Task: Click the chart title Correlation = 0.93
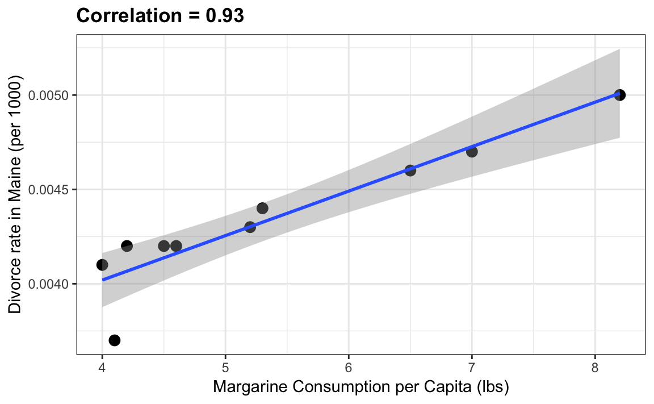coord(160,16)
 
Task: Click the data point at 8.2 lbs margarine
coord(620,95)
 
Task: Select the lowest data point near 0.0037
coord(115,340)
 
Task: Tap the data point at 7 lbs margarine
coord(472,152)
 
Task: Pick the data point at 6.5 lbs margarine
coord(410,170)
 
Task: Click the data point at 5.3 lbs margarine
coord(262,208)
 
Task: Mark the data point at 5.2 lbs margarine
coord(250,227)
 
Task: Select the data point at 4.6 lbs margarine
coord(176,246)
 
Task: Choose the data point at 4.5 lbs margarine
coord(164,246)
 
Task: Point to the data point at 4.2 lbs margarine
coord(127,246)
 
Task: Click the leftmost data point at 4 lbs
coord(102,265)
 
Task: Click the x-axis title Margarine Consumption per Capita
coord(360,388)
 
